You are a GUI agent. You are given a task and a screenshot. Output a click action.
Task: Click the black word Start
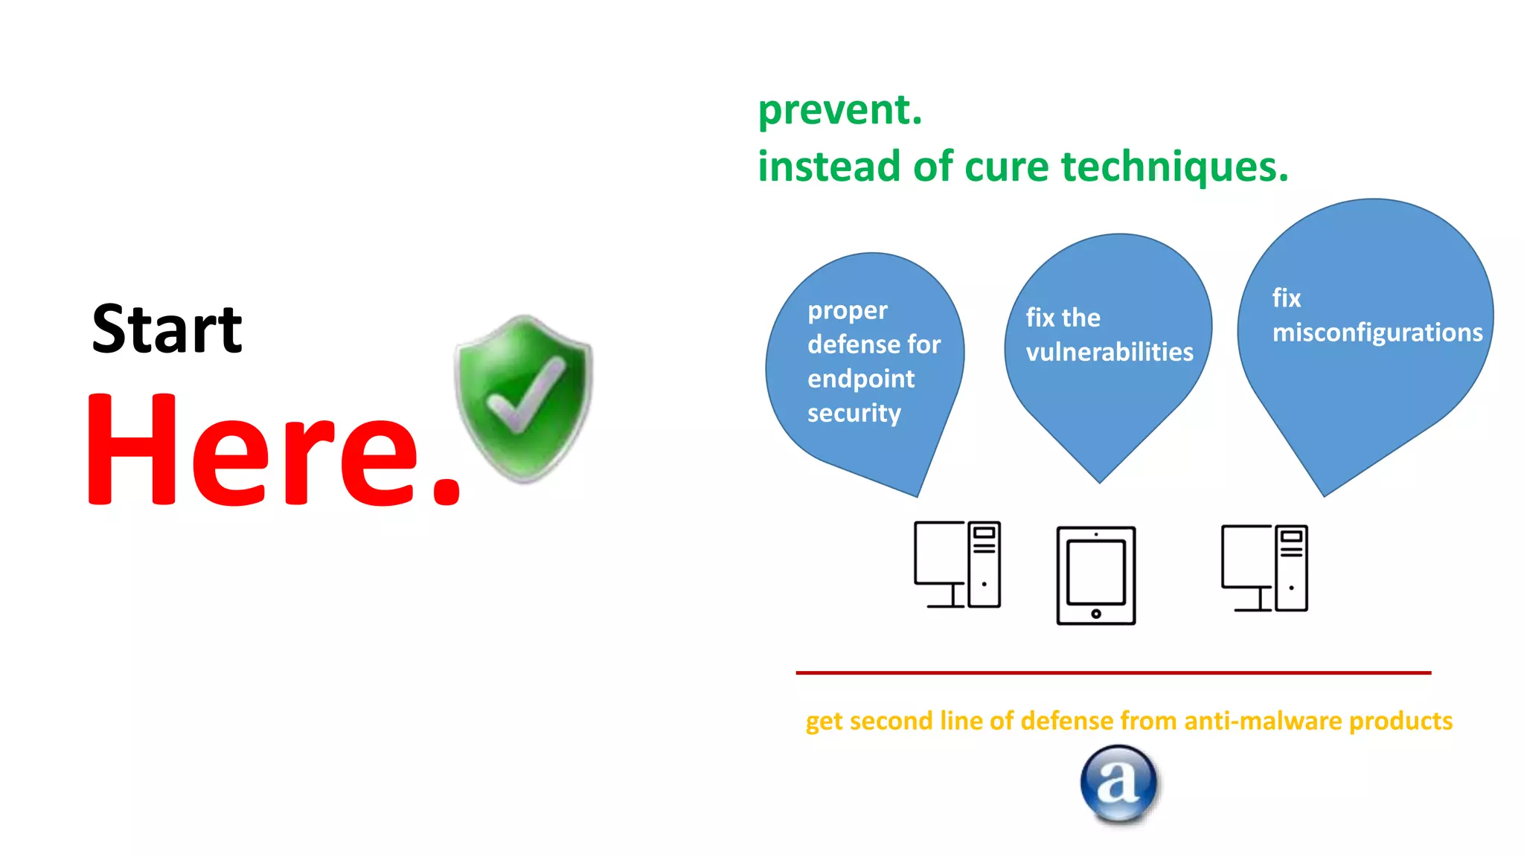[167, 329]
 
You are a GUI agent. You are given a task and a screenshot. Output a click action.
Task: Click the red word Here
[272, 451]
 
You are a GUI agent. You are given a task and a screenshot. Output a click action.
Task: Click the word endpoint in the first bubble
[861, 379]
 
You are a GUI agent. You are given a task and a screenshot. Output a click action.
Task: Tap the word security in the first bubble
[854, 413]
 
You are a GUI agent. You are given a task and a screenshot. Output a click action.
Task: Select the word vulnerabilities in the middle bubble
[1110, 352]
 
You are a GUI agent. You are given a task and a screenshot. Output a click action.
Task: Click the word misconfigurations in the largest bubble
[1377, 333]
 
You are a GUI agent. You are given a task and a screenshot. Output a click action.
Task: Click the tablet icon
[1095, 574]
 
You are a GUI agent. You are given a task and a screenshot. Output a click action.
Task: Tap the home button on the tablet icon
[1096, 614]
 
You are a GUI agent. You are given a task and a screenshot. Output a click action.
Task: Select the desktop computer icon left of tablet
[957, 565]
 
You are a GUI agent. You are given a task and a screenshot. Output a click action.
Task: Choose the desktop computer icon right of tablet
[1264, 568]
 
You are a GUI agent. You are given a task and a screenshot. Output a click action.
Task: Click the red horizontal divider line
[1112, 673]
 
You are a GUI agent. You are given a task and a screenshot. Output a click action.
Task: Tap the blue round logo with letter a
[1118, 783]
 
